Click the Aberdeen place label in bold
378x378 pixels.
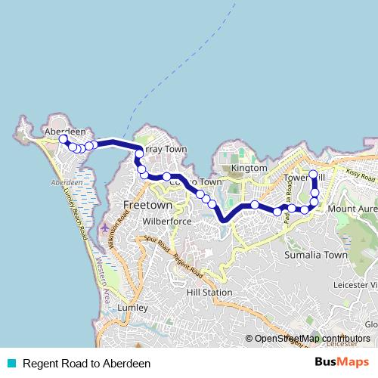pyautogui.click(x=65, y=131)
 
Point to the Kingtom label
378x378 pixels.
pyautogui.click(x=249, y=168)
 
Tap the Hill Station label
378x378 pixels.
pyautogui.click(x=209, y=292)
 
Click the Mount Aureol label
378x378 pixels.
pyautogui.click(x=352, y=209)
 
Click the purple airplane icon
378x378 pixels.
pyautogui.click(x=104, y=227)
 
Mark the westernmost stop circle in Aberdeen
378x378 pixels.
pyautogui.click(x=64, y=139)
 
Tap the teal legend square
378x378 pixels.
pyautogui.click(x=11, y=364)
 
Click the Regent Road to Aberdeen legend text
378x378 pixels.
pyautogui.click(x=86, y=364)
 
